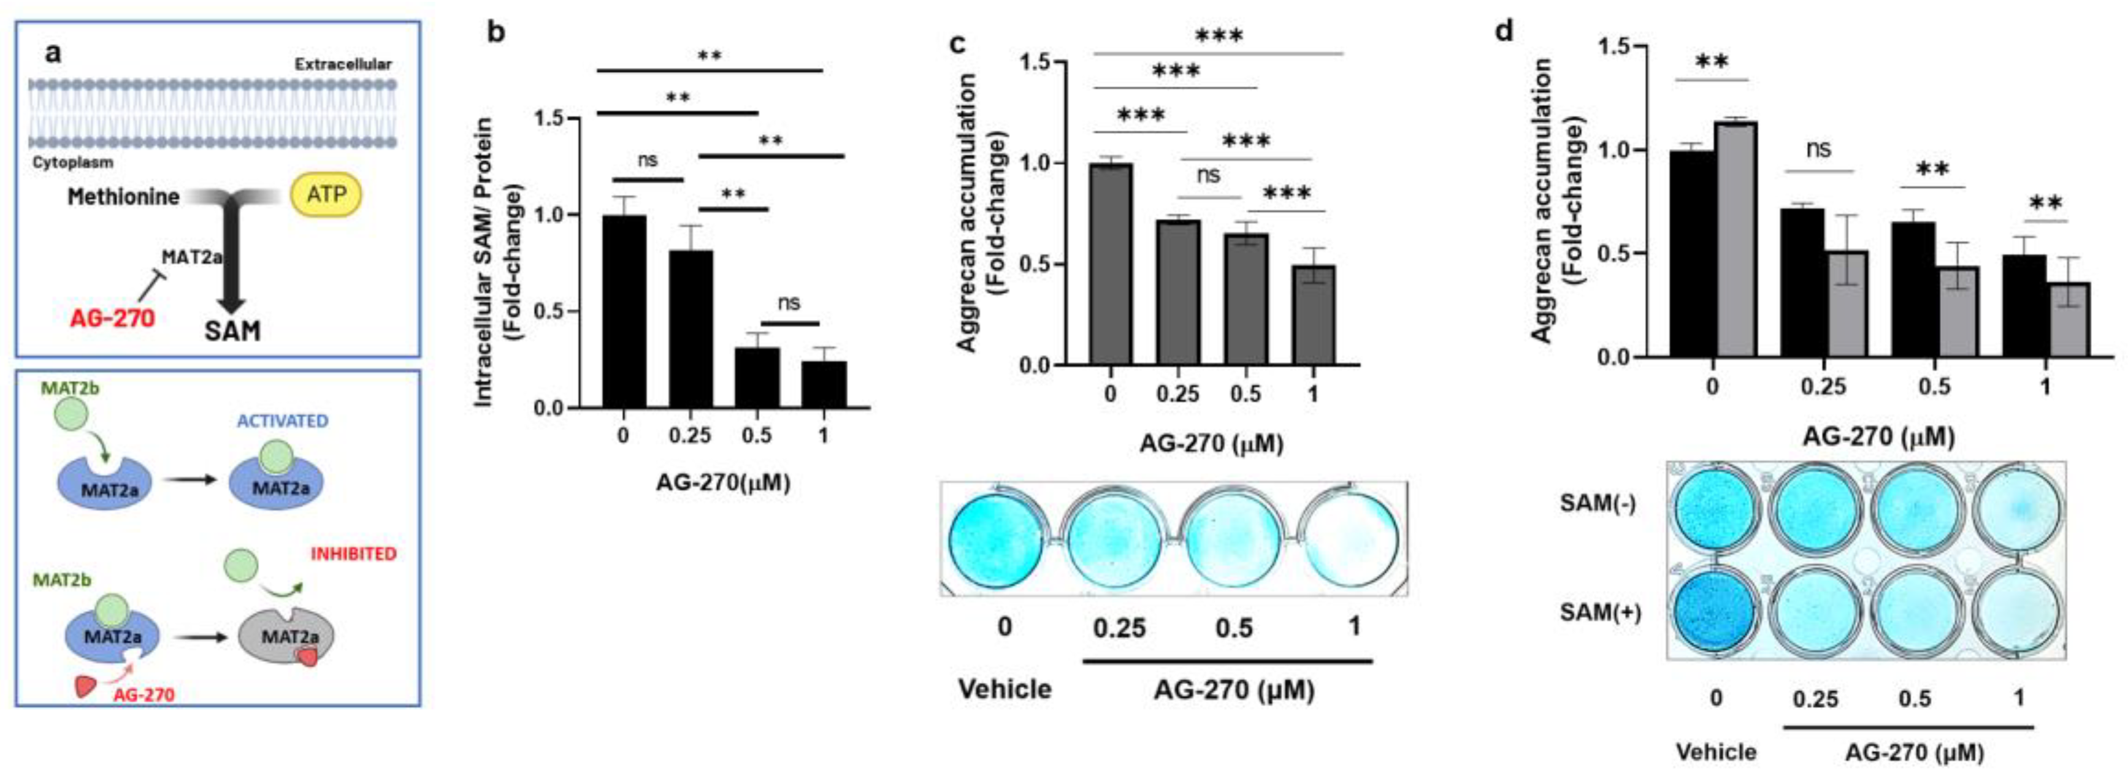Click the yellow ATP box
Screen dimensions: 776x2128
(x=326, y=195)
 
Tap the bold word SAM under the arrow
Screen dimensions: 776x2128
(x=232, y=331)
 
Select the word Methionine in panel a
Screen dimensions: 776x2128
(x=123, y=197)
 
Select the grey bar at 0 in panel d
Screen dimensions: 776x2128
(x=1735, y=240)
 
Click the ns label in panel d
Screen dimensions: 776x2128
(x=1818, y=150)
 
